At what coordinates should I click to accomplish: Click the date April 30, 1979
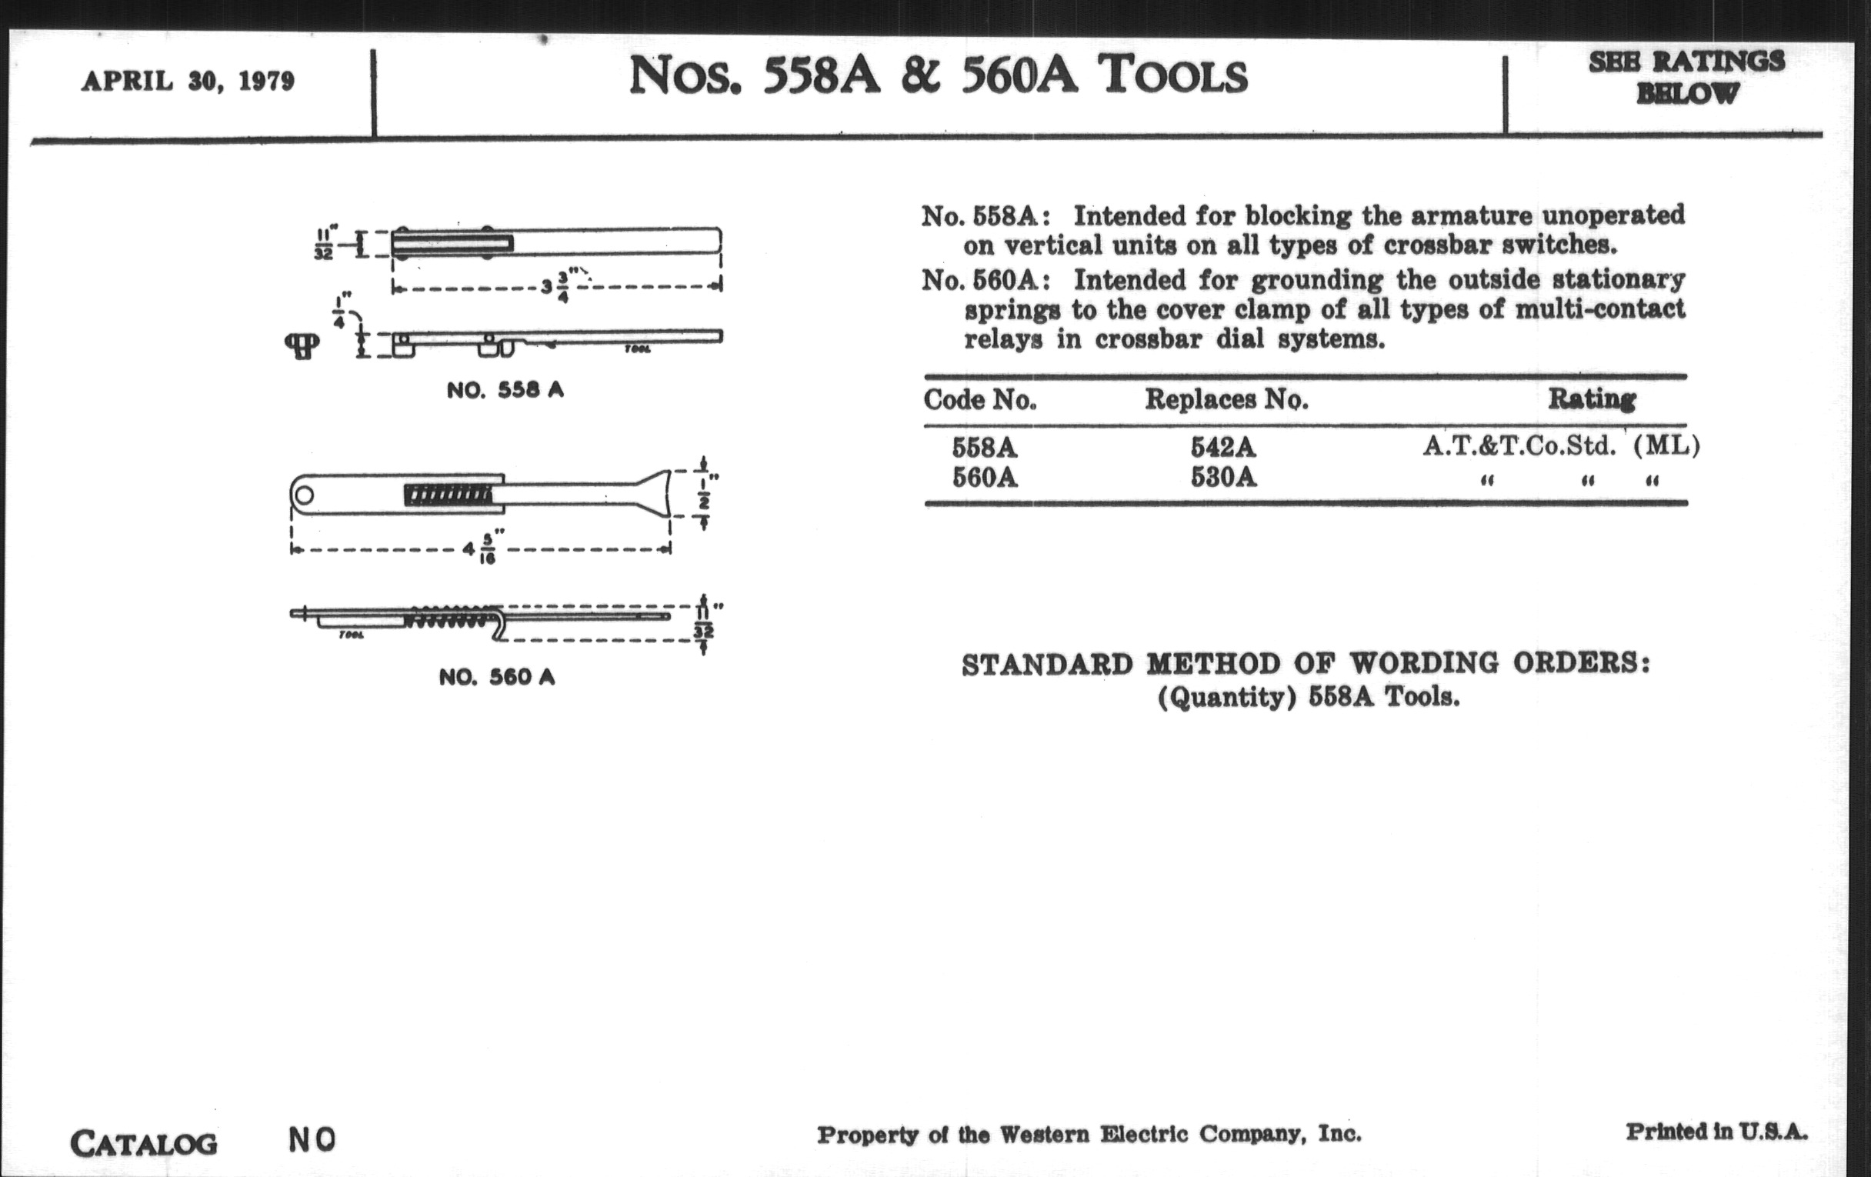tap(187, 82)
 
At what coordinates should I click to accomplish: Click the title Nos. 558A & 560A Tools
tap(938, 76)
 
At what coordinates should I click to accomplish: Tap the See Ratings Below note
tap(1686, 77)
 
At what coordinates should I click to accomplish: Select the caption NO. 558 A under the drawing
tap(505, 390)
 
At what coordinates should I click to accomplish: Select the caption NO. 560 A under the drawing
tap(497, 678)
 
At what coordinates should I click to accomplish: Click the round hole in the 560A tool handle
tap(303, 495)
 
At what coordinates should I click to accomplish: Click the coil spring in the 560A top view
tap(449, 495)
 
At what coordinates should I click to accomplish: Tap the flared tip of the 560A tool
tap(656, 493)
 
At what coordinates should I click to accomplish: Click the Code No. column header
tap(980, 400)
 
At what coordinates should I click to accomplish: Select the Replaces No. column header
tap(1226, 399)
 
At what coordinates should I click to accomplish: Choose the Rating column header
tap(1592, 399)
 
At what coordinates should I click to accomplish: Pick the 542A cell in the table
tap(1223, 447)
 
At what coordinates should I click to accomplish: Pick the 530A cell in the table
tap(1223, 477)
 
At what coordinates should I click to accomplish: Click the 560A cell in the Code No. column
tap(985, 477)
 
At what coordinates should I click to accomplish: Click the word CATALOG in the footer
tap(144, 1144)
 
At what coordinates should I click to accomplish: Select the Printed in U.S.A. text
tap(1716, 1132)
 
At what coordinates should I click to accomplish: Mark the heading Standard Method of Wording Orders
tap(1306, 664)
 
